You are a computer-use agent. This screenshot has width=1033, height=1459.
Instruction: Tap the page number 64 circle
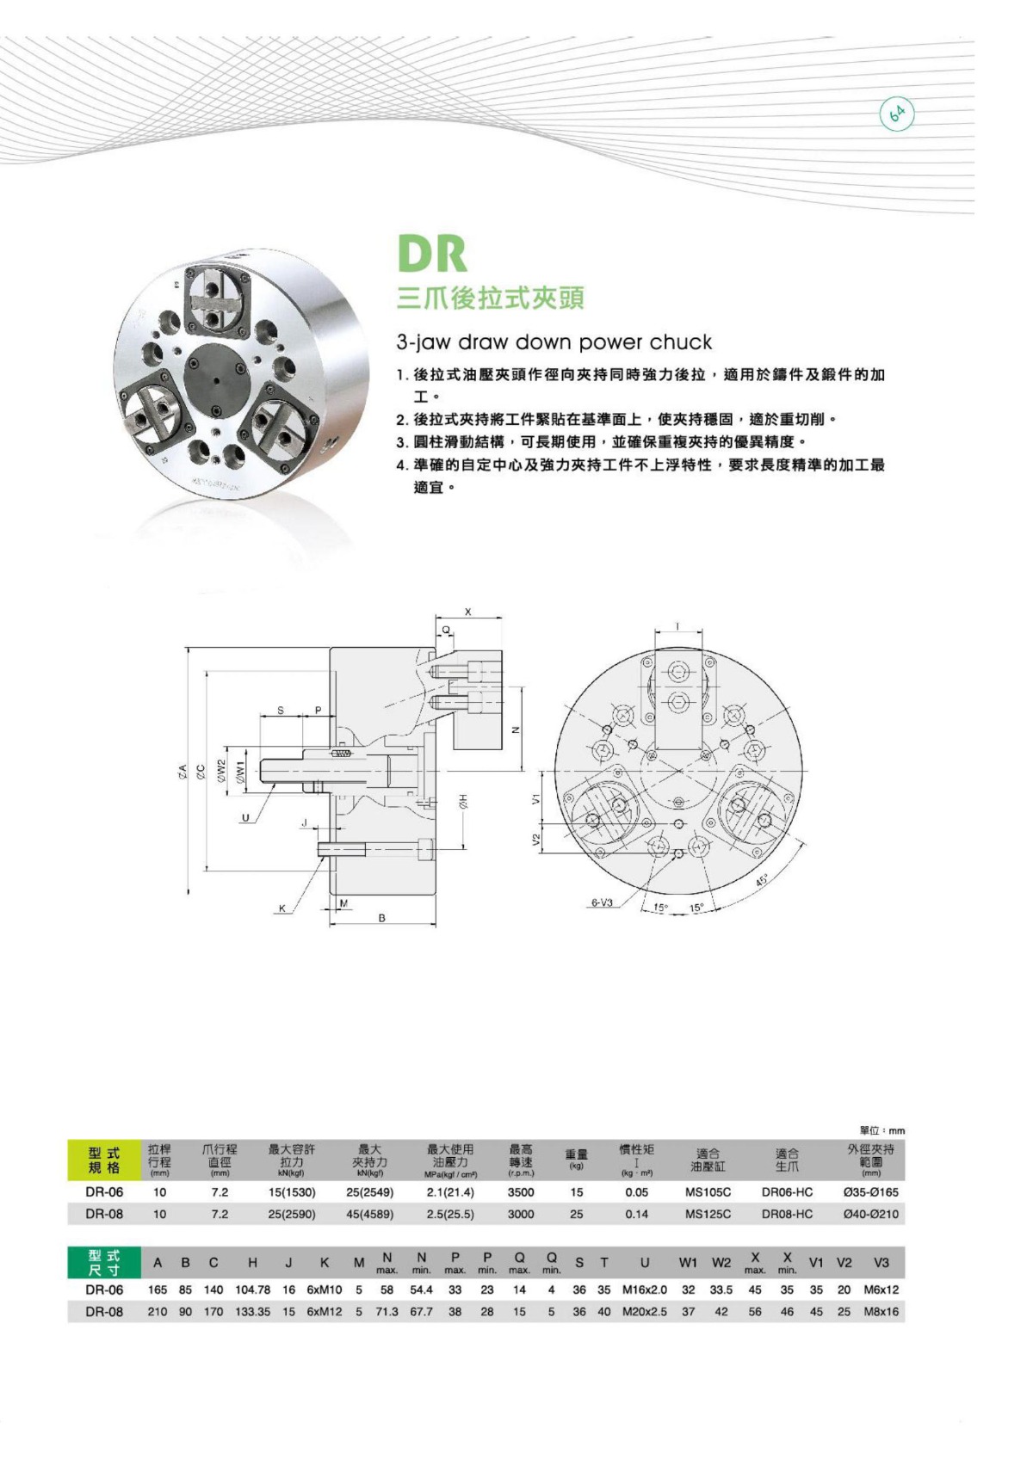tap(896, 114)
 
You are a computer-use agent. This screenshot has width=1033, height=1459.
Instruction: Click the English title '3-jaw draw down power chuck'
tap(554, 342)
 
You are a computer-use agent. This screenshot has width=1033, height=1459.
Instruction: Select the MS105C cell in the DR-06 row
tap(708, 1192)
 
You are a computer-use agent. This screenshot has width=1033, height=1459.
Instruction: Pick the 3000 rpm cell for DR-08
tap(520, 1214)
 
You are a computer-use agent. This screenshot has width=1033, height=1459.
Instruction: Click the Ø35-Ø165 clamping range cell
tap(870, 1192)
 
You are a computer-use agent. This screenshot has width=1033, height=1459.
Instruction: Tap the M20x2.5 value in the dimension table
tap(644, 1312)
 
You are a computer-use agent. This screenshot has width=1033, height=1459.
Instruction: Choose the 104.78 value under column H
tap(252, 1290)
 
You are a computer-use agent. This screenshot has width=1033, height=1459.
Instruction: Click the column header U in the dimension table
tap(644, 1263)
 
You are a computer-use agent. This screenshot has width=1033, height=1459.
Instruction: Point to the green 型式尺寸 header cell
tap(103, 1263)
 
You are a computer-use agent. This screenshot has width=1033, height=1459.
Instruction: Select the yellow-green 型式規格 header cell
tap(103, 1160)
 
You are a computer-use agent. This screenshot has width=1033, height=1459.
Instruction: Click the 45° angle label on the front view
tap(762, 881)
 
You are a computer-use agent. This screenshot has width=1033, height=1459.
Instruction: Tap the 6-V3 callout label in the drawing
tap(601, 902)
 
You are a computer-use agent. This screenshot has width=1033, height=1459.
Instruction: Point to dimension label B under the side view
tap(382, 919)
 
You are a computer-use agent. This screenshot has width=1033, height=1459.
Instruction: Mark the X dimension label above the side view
tap(468, 612)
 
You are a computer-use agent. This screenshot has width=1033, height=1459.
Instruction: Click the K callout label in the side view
tap(281, 908)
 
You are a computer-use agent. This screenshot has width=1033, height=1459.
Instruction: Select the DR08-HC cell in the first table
tap(786, 1214)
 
